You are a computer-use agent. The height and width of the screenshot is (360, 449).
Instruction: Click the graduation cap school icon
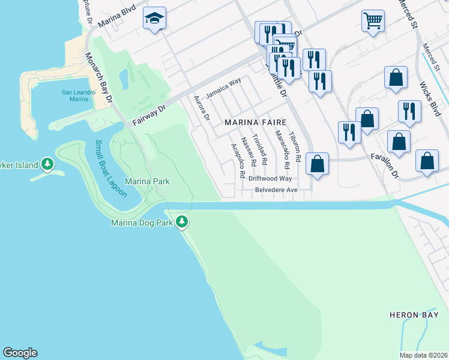pyautogui.click(x=154, y=19)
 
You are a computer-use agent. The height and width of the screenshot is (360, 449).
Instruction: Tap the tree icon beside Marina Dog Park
pyautogui.click(x=182, y=223)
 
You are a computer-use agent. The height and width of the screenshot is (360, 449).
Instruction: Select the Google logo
pyautogui.click(x=20, y=353)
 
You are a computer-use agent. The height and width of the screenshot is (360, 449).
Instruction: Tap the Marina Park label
pyautogui.click(x=147, y=181)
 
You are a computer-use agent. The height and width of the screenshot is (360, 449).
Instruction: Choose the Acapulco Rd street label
pyautogui.click(x=237, y=160)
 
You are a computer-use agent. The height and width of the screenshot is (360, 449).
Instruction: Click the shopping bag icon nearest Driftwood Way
pyautogui.click(x=317, y=163)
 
